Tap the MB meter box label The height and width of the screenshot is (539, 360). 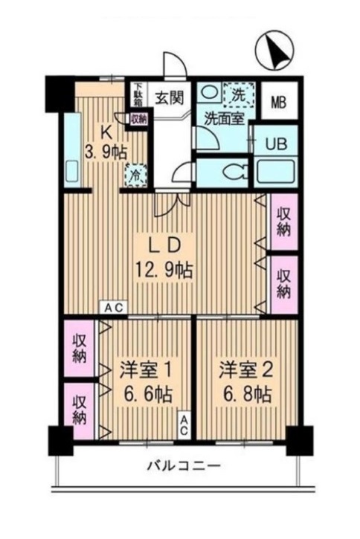tap(279, 102)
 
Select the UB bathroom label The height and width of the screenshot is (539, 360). tap(276, 143)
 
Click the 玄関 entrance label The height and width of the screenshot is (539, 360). tap(169, 99)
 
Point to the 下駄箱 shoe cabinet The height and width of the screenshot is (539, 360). tap(138, 95)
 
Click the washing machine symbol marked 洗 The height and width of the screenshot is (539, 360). tap(239, 94)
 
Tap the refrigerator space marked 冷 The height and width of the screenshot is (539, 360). tap(136, 175)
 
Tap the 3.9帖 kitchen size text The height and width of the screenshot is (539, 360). tap(106, 152)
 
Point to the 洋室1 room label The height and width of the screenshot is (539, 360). tap(146, 371)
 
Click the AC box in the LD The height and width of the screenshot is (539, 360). tap(114, 308)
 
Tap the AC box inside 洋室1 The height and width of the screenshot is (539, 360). tap(184, 425)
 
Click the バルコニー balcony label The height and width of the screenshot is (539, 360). tap(184, 466)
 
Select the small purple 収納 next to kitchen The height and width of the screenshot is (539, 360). tap(139, 119)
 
